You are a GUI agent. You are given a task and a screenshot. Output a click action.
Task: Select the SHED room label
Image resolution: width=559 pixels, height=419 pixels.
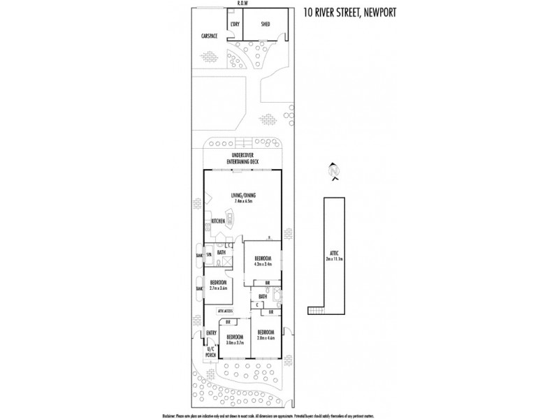[x=266, y=24]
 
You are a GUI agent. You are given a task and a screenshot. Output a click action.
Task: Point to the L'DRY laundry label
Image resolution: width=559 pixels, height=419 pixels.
[x=235, y=24]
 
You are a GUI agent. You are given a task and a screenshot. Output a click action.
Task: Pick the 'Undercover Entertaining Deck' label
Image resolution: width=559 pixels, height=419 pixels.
[x=243, y=159]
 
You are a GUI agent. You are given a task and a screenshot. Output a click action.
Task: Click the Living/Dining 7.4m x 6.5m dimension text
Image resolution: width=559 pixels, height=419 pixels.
[x=242, y=201]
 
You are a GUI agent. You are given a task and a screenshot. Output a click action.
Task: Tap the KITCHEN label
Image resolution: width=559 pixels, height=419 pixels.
[x=217, y=221]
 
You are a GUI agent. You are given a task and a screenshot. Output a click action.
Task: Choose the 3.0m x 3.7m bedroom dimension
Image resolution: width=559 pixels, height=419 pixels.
[x=233, y=343]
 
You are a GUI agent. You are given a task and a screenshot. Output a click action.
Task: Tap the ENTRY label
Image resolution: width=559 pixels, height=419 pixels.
[x=211, y=333]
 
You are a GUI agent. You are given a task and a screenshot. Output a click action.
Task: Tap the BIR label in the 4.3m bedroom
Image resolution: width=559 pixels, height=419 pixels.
[x=268, y=282]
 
